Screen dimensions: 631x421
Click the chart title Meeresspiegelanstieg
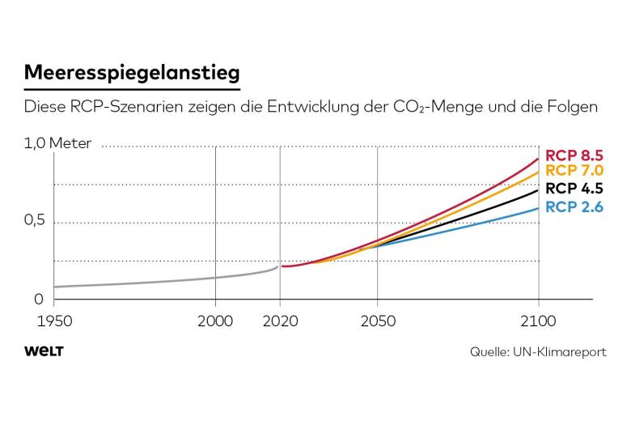[x=132, y=74]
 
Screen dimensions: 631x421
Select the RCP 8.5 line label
[x=574, y=155]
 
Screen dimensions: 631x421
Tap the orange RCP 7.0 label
[x=574, y=170]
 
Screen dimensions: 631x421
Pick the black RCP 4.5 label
[x=574, y=188]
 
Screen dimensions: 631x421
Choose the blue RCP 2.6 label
[x=574, y=206]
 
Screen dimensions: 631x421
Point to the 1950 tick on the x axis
[x=54, y=321]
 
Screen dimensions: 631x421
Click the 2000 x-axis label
[x=215, y=321]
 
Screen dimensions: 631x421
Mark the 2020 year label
[x=280, y=321]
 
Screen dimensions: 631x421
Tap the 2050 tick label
[x=378, y=321]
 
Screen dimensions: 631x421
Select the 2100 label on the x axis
[x=538, y=321]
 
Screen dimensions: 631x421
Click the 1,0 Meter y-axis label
[x=58, y=143]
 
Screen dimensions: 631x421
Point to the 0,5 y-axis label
[x=35, y=220]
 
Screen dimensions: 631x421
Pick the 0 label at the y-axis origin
[x=39, y=299]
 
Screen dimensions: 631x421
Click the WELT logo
[x=44, y=351]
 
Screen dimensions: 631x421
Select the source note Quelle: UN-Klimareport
[x=538, y=351]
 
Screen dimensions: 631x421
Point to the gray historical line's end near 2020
[x=277, y=266]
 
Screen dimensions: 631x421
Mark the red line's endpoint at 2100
[x=538, y=159]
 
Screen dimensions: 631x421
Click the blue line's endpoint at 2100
[x=538, y=208]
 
